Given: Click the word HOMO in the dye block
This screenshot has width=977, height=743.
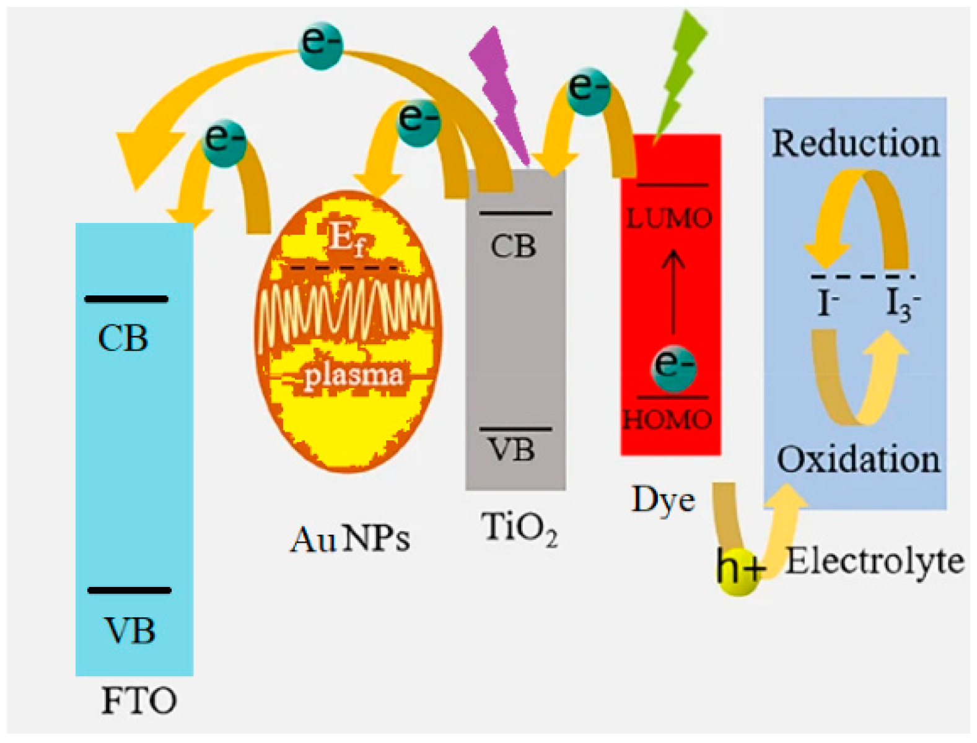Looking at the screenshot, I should (x=668, y=420).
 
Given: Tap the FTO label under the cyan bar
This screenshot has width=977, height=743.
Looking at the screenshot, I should (x=139, y=702).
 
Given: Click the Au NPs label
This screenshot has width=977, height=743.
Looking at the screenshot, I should (x=350, y=539).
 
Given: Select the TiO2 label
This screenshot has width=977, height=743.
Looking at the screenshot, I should (x=519, y=529).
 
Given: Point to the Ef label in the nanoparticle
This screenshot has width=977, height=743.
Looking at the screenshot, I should (x=346, y=238).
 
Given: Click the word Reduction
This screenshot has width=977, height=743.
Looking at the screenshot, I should (x=855, y=144).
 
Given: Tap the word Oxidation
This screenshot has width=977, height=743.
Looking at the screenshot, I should (x=858, y=460).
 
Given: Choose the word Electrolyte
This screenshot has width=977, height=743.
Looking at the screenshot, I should (x=874, y=562).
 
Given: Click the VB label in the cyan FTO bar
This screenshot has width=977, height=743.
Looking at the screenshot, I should (x=130, y=631).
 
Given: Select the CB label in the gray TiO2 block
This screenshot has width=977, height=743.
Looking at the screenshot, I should (x=513, y=247).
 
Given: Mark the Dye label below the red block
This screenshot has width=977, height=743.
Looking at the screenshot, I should (x=663, y=500).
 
